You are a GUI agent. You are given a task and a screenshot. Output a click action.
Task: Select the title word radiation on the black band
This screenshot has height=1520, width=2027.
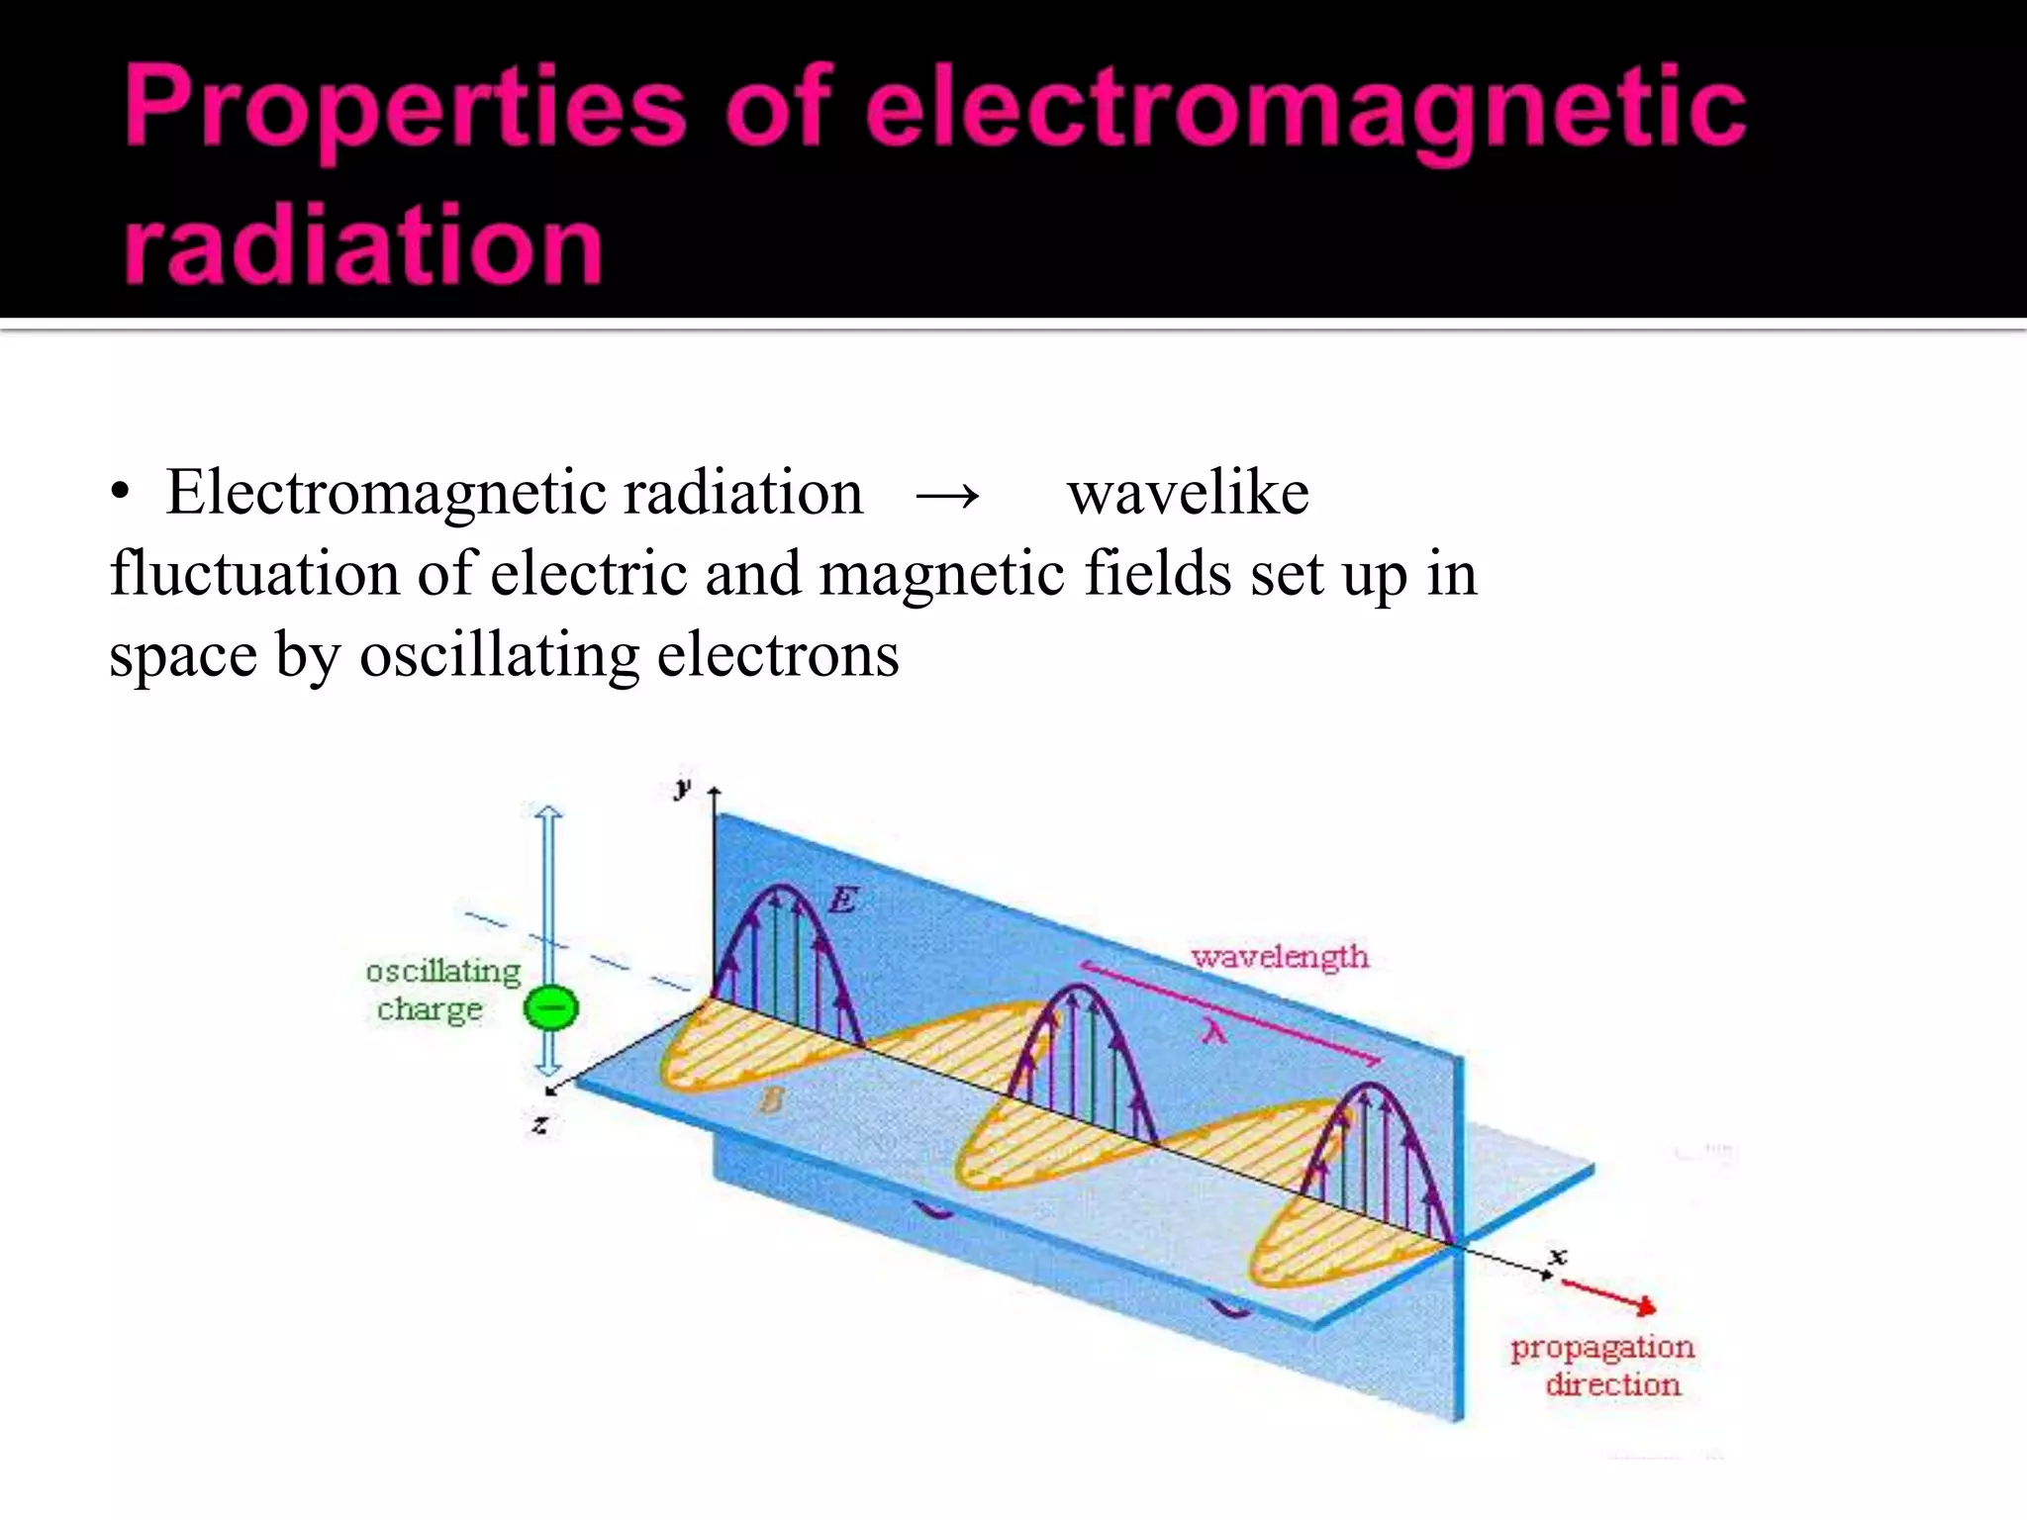click(363, 243)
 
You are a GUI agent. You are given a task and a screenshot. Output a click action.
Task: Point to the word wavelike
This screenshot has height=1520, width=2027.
click(1188, 492)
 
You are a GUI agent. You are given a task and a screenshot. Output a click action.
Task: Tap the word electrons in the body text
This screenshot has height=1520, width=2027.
click(778, 655)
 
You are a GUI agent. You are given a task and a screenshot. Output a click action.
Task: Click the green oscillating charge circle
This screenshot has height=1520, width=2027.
click(550, 1008)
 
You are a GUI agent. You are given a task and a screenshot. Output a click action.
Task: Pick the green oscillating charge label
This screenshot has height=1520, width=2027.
click(441, 990)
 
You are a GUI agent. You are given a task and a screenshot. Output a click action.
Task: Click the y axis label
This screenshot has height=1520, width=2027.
click(682, 788)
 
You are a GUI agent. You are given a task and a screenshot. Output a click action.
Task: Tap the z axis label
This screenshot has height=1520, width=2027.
click(540, 1124)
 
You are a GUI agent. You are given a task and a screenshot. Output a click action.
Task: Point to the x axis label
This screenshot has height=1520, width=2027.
click(1559, 1256)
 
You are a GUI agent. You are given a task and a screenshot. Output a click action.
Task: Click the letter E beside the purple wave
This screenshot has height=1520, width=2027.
click(843, 900)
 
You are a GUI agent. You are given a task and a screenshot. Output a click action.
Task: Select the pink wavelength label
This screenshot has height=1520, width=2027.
click(1280, 956)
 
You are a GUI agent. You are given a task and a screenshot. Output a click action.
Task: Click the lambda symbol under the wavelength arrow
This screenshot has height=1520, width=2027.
click(1214, 1032)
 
